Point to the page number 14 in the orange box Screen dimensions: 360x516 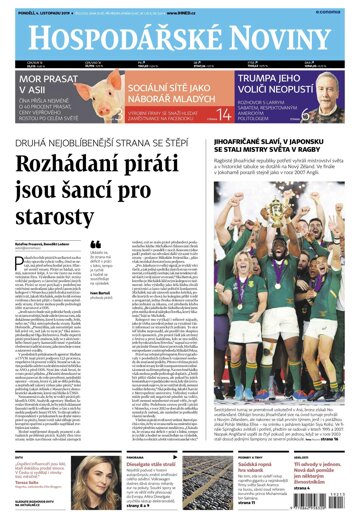(x=226, y=117)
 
